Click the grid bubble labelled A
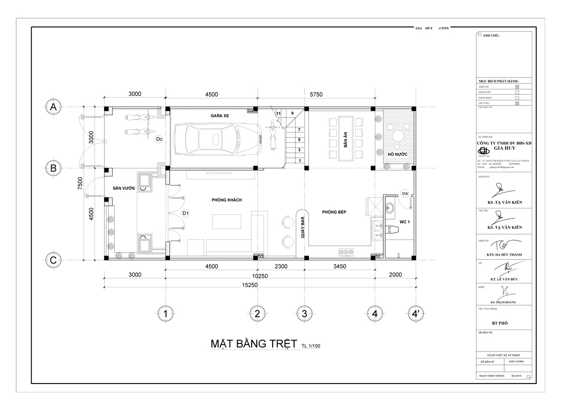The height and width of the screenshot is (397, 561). coord(53,107)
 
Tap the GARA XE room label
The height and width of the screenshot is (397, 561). coord(220,115)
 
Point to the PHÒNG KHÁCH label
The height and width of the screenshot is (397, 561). coord(227,200)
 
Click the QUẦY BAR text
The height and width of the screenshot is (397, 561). coord(303,228)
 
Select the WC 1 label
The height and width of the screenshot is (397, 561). coord(404,222)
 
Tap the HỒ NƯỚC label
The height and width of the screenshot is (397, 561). coord(397,154)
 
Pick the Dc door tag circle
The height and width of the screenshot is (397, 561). coord(159,139)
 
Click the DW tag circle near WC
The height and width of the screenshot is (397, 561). coord(405,194)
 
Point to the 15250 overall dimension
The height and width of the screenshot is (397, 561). coord(250,285)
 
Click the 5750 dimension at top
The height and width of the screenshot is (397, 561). coord(316,94)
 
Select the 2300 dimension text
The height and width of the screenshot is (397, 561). coord(281,267)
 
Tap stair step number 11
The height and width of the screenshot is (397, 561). coord(278,114)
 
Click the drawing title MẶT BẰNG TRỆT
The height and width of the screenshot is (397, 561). coord(254,344)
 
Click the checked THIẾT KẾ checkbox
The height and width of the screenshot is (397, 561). coord(517,87)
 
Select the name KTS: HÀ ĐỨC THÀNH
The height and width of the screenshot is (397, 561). coord(504,255)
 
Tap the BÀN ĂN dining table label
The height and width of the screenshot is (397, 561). coord(346,139)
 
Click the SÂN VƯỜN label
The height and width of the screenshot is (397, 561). coord(124,188)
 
